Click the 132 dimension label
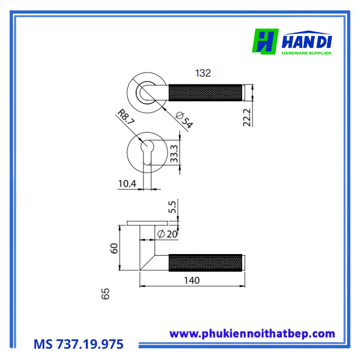(203, 74)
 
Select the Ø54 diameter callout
(184, 119)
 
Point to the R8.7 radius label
(126, 117)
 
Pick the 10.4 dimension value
(127, 184)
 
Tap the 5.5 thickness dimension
(173, 207)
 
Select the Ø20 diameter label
(167, 234)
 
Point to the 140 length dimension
(191, 280)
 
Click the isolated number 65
(106, 294)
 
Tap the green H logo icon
(265, 42)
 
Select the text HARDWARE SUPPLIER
(307, 52)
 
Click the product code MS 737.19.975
(79, 344)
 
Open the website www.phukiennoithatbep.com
(252, 334)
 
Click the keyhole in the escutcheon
(147, 153)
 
